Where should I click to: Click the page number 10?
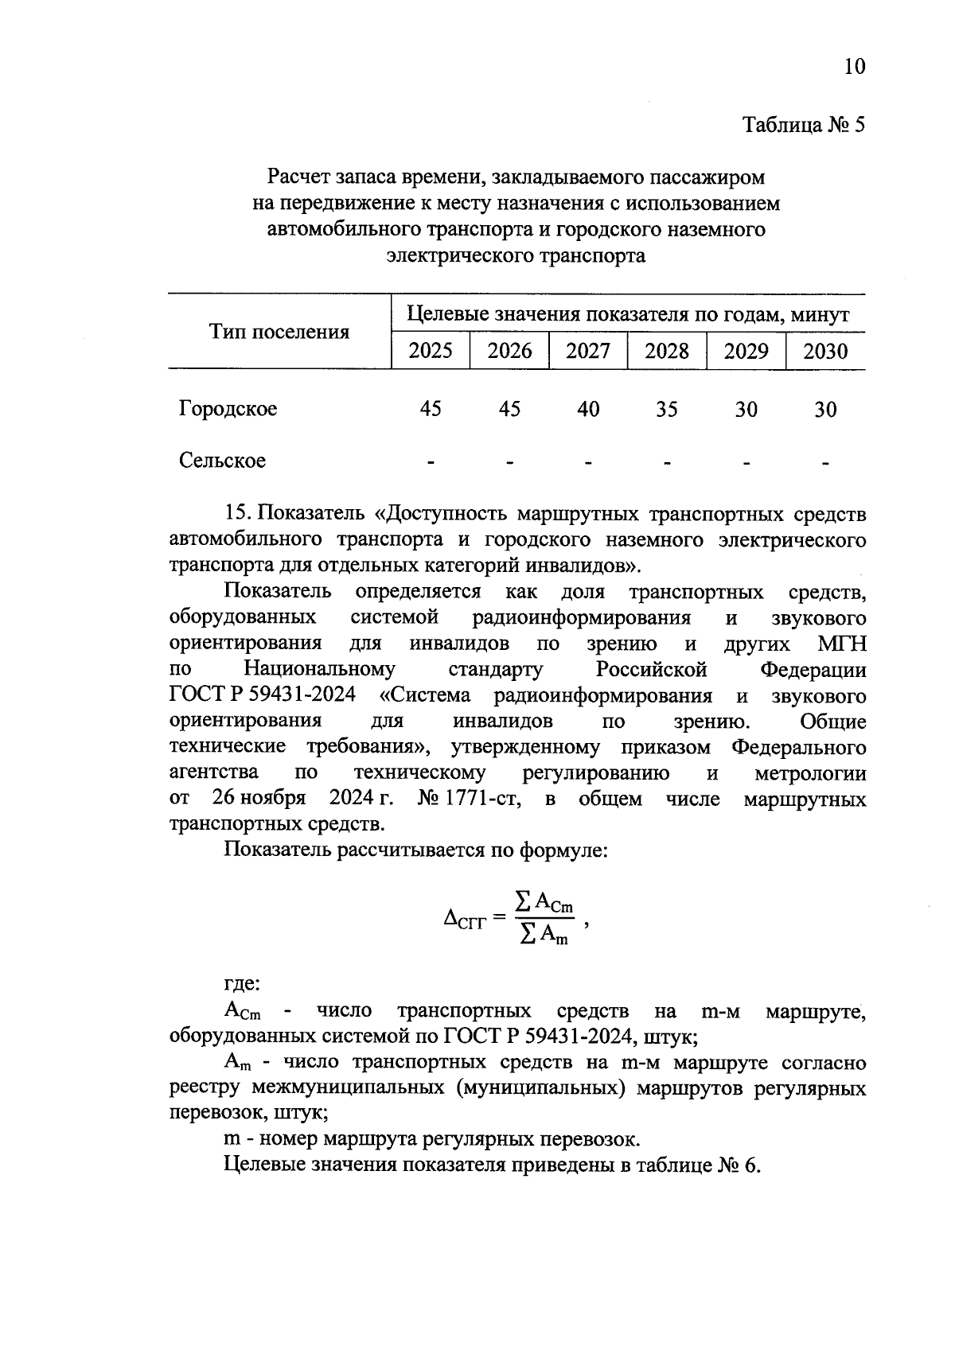click(853, 66)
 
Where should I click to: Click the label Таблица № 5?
click(803, 125)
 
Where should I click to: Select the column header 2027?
click(587, 351)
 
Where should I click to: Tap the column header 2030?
click(825, 351)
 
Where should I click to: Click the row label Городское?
click(228, 409)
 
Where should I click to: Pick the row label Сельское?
click(222, 461)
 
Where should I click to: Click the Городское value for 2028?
click(666, 409)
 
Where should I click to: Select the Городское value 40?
click(587, 409)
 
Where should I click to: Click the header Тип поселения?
click(279, 332)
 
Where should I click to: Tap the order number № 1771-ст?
click(470, 798)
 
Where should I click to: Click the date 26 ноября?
click(259, 798)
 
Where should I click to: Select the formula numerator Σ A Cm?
click(544, 903)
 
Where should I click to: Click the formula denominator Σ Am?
click(544, 935)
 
